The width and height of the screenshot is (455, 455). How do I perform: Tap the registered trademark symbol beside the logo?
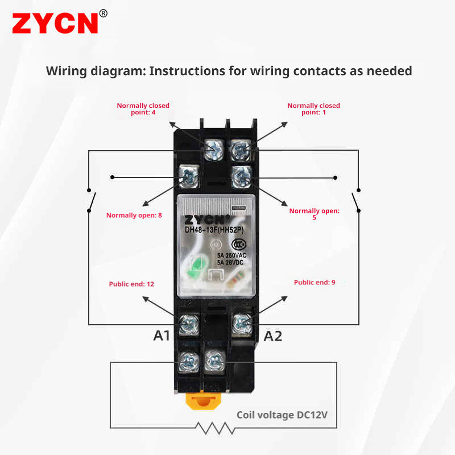[103, 13]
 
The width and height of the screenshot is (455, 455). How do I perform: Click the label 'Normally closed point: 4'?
[143, 109]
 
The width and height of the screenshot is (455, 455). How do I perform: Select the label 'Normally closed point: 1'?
[313, 109]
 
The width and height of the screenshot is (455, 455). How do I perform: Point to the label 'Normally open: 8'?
[134, 216]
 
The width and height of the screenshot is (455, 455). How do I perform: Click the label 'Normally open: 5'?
[314, 214]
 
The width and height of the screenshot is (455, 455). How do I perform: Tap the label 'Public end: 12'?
[131, 284]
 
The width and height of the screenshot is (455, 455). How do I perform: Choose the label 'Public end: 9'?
[315, 282]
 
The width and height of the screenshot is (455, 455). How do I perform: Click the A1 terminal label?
[162, 336]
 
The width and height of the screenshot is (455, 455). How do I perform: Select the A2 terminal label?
[272, 336]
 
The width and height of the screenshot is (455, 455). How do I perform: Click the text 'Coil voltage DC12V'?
[282, 415]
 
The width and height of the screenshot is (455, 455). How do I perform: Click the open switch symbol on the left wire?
[91, 201]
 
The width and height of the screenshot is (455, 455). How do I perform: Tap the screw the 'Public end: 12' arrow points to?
[188, 324]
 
